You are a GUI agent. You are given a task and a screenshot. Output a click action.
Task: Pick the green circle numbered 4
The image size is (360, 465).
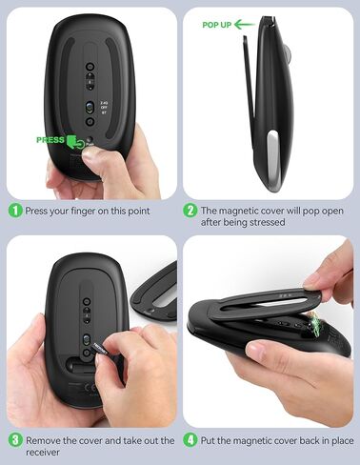(x=190, y=440)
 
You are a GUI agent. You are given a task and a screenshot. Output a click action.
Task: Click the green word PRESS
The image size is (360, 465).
(x=50, y=140)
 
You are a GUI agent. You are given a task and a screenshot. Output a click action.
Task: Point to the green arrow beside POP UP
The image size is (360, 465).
(x=244, y=23)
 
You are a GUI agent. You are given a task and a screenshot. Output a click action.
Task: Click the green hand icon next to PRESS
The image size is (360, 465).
(x=75, y=143)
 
